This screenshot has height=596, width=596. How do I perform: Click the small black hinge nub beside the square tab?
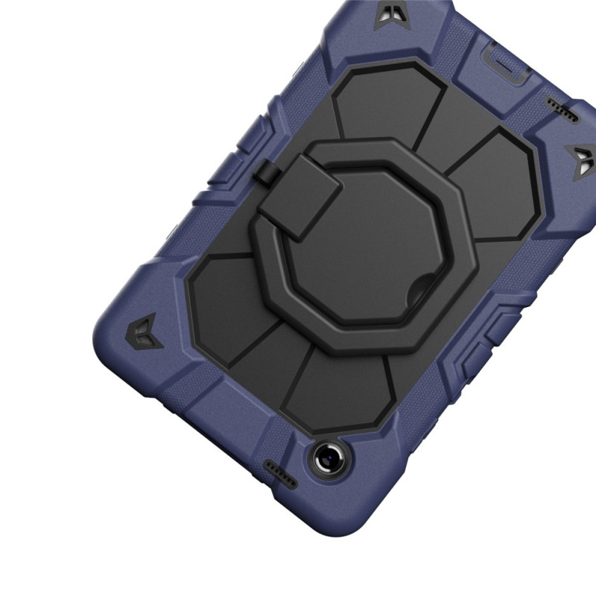[x=265, y=174]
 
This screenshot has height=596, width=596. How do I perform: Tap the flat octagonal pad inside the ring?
[x=372, y=238]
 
